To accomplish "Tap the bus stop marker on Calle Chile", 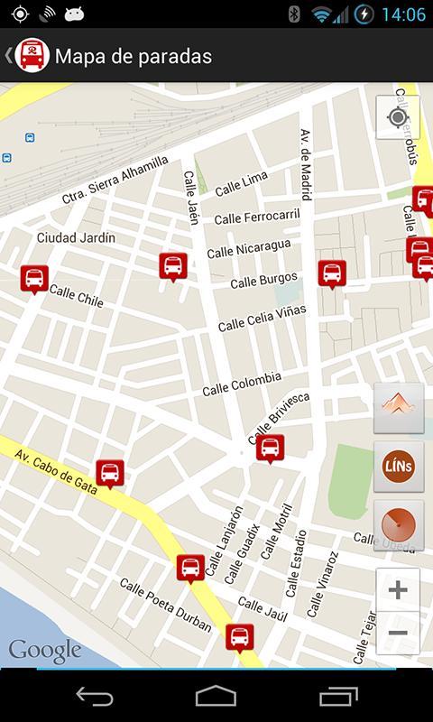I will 34,279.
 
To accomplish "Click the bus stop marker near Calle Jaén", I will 173,266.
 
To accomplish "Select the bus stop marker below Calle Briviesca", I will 270,448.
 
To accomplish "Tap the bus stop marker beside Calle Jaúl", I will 239,637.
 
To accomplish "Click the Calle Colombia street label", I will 242,384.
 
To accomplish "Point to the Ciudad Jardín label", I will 76,237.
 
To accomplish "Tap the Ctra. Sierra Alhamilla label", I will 115,180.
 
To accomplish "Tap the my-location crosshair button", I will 398,118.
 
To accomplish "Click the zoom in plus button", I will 398,590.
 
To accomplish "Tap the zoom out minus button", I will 398,633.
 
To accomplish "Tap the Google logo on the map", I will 45,650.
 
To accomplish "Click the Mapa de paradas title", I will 134,56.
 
